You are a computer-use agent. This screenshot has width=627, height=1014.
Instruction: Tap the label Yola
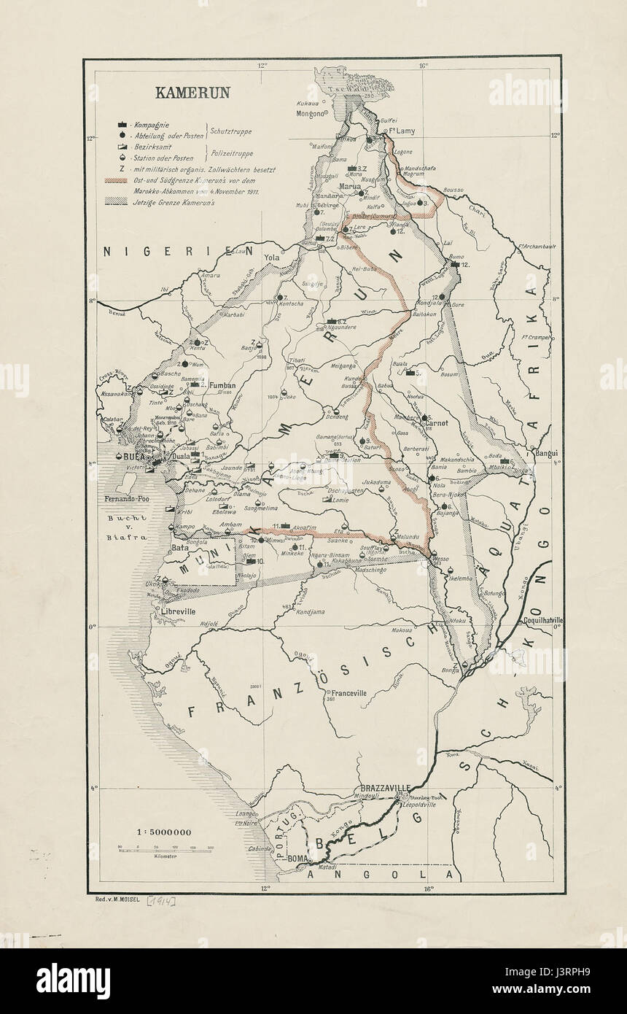(x=271, y=258)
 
